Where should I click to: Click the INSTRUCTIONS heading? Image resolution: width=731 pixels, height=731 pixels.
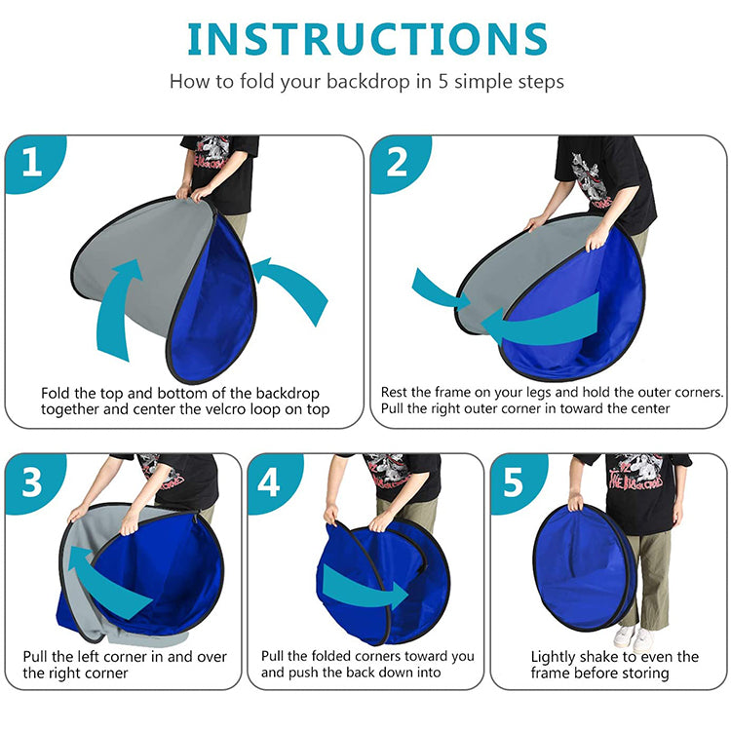(367, 39)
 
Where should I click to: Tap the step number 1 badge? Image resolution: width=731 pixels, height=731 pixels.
(33, 162)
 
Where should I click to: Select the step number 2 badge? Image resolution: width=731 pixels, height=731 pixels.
(399, 162)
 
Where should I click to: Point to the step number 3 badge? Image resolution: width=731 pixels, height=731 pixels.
(33, 482)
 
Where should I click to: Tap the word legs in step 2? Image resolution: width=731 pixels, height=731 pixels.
(523, 393)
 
